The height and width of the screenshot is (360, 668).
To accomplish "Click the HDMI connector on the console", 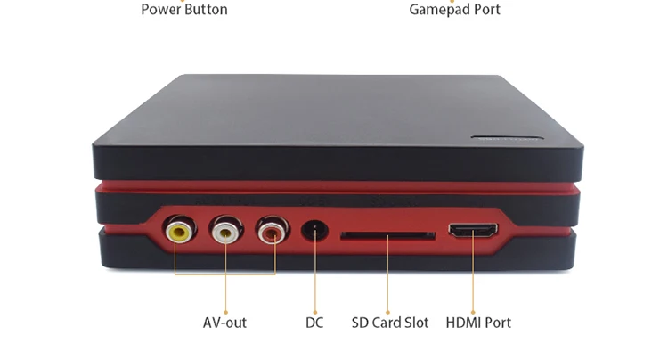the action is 472,230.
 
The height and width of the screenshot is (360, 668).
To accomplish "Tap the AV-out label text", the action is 224,323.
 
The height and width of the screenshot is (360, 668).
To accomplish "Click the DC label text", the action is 314,323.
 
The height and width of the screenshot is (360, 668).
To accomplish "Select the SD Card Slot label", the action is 389,323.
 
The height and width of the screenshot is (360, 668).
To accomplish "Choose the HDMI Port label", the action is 478,323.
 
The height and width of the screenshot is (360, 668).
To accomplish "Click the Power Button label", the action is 184,10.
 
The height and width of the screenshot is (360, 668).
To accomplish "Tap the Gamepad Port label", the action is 454,10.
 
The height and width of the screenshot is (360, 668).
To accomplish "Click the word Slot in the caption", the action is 414,323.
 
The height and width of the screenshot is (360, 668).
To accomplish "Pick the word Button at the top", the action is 205,10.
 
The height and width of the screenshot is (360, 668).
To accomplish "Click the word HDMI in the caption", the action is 462,323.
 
